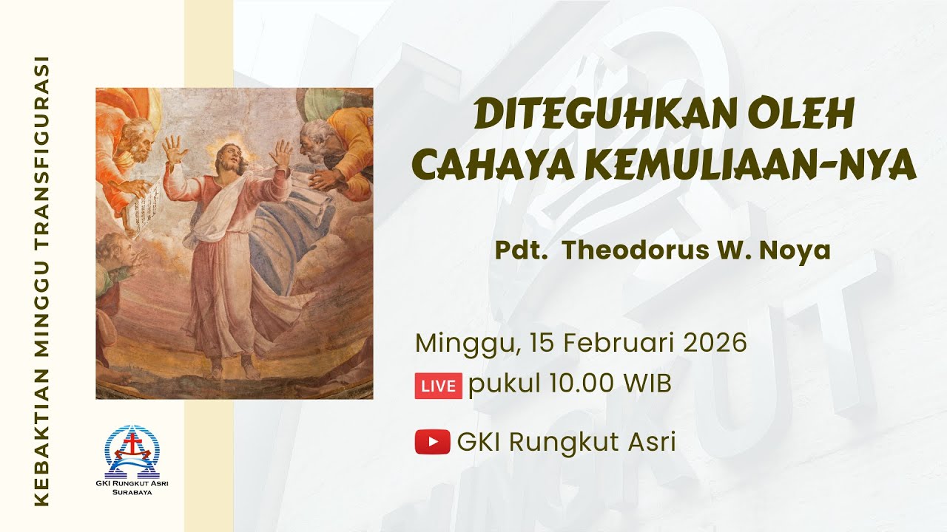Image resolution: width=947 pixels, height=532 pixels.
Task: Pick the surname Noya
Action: point(801,250)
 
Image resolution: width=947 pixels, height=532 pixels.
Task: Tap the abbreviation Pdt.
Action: point(521,250)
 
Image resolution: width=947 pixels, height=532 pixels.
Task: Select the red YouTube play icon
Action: point(433,442)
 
